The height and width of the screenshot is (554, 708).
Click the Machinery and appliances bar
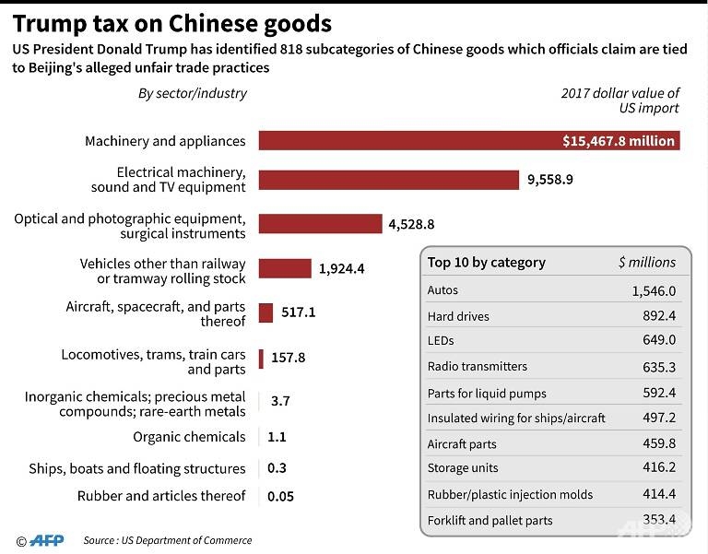468,141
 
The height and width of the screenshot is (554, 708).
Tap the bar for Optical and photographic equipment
320,224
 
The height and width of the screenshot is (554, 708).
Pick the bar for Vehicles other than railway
285,268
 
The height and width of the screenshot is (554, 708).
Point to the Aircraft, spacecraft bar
265,312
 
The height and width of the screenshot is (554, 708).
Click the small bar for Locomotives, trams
261,358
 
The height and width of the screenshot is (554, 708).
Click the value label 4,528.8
411,224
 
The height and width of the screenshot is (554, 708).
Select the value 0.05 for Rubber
280,497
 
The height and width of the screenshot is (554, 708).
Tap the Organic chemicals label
189,437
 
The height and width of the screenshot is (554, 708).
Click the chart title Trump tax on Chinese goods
172,22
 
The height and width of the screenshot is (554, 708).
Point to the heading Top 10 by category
486,263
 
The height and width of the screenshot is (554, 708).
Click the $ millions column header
646,263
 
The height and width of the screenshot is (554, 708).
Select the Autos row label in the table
442,290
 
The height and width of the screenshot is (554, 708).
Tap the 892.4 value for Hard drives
659,316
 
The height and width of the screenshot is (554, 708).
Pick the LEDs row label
442,341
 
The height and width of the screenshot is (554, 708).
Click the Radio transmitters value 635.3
659,367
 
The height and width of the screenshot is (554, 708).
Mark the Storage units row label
463,468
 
